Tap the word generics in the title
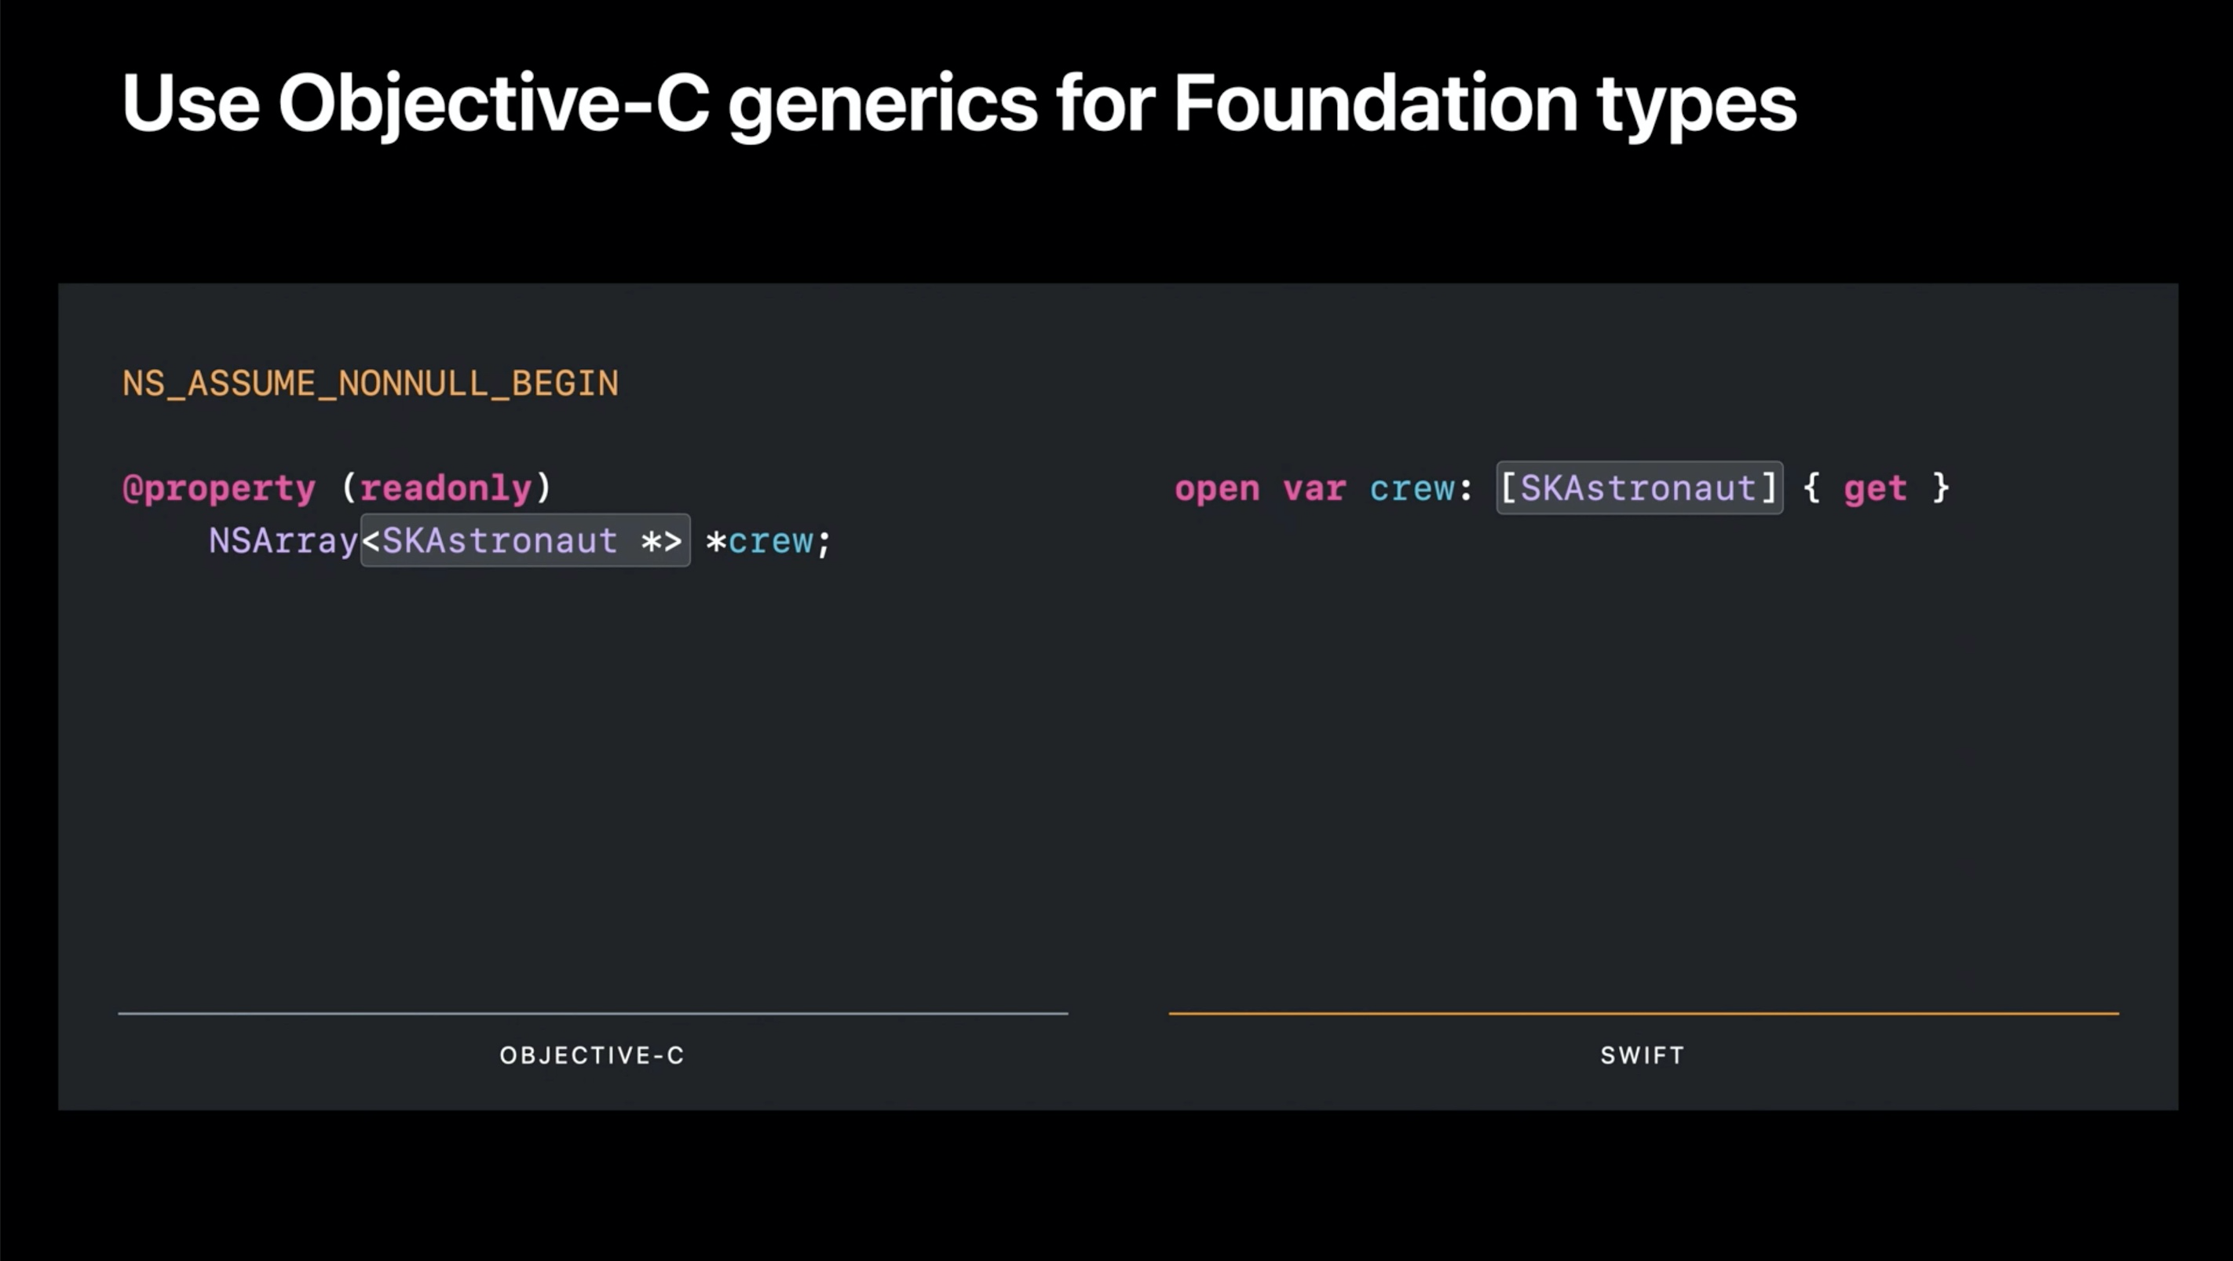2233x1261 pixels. (x=883, y=108)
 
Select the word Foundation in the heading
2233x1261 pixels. (x=1375, y=103)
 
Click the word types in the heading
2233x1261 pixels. (x=1697, y=108)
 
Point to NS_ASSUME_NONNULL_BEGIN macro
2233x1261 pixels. (x=370, y=384)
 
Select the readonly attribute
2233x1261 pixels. (x=445, y=488)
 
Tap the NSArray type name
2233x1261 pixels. (x=283, y=542)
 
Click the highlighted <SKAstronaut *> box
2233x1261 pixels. (x=525, y=541)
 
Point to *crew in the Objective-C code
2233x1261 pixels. (x=759, y=542)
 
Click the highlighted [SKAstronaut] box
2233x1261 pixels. (x=1639, y=488)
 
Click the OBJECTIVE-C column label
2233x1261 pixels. (x=592, y=1055)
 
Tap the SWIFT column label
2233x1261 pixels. (x=1643, y=1055)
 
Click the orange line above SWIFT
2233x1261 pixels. (x=1643, y=1013)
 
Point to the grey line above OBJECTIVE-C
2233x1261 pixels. (x=593, y=1013)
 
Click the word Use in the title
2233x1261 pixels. (x=191, y=104)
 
